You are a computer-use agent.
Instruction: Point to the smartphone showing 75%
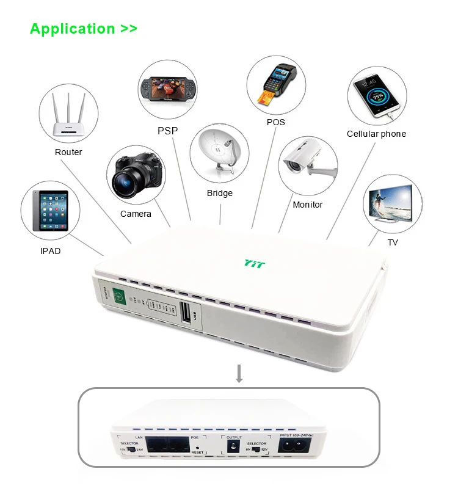click(x=374, y=95)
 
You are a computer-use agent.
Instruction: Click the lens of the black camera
click(x=128, y=180)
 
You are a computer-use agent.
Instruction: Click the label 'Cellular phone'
click(x=376, y=134)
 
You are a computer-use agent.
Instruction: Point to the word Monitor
click(x=307, y=205)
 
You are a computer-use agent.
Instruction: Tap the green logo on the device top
click(x=252, y=263)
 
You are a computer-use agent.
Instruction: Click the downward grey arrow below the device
click(x=239, y=374)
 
